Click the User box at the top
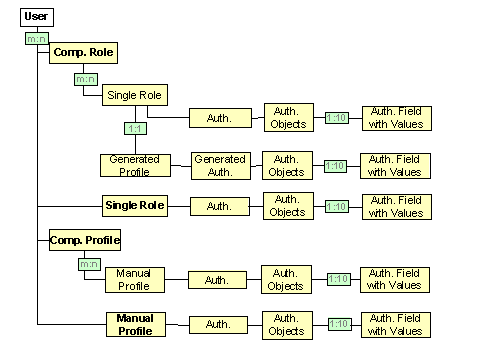pos(36,17)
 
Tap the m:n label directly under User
pos(37,39)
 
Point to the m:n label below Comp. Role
pos(85,77)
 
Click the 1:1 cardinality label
pos(135,129)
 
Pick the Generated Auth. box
pos(220,165)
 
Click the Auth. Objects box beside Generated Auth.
pos(287,165)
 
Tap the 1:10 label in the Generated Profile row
pos(335,166)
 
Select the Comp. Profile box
pos(86,240)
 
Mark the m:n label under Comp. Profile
pos(89,265)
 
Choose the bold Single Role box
pos(134,206)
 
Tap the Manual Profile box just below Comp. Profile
pos(133,279)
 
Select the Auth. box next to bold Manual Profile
pos(218,324)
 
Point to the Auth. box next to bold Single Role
pos(219,206)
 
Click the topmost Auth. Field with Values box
pos(396,118)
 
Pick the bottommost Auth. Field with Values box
pos(397,324)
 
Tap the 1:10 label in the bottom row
pos(339,324)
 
